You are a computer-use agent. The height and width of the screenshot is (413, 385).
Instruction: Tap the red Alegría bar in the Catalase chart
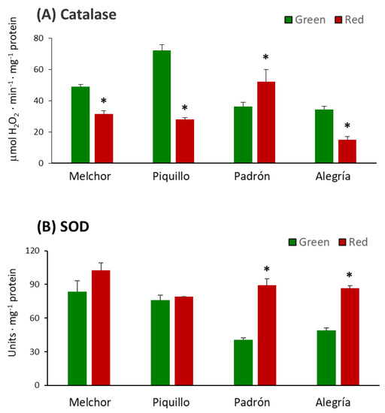click(x=347, y=151)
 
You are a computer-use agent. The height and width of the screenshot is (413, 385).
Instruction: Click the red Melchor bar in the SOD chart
click(x=102, y=327)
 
